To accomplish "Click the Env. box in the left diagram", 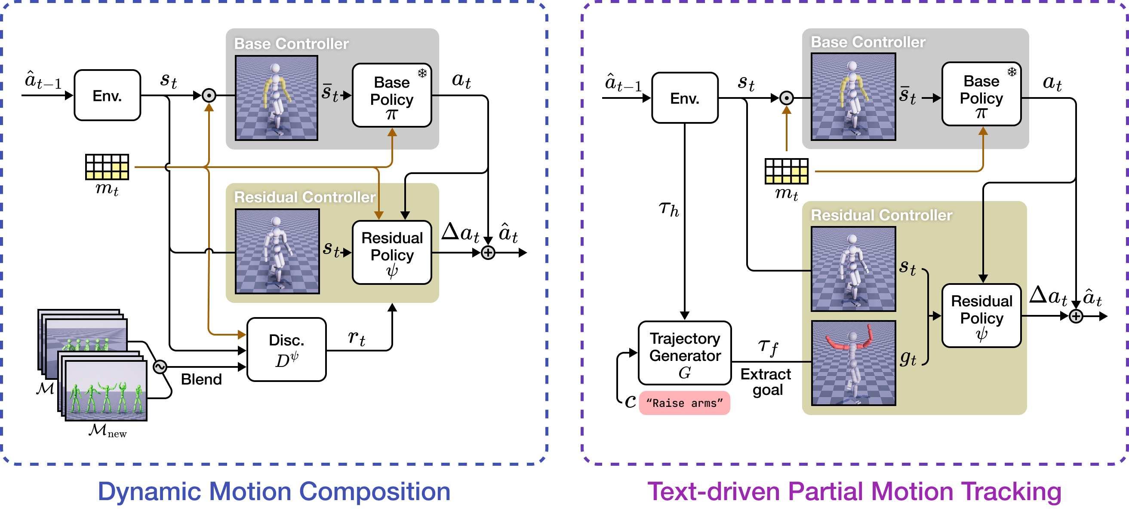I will click(x=108, y=95).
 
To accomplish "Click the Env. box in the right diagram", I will click(x=685, y=98).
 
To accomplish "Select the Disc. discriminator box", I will click(x=286, y=350).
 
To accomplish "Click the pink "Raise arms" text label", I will click(x=684, y=403).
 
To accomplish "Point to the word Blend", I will click(x=201, y=379).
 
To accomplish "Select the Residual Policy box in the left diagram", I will click(x=392, y=253).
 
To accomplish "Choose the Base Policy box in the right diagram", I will click(x=981, y=95).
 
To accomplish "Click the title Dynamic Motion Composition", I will click(x=274, y=492).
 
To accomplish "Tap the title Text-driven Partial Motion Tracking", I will click(x=854, y=492).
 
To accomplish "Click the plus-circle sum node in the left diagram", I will click(x=488, y=253).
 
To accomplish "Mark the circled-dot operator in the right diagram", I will click(x=787, y=98).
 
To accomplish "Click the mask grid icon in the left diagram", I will click(x=107, y=167).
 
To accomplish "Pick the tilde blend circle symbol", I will click(x=160, y=367).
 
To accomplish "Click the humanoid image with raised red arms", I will click(x=853, y=363).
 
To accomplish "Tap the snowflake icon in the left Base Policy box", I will click(x=422, y=73).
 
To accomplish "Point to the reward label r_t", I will click(x=356, y=338).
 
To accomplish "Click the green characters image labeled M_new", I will click(x=106, y=391).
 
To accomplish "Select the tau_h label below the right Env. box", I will click(x=669, y=209).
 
